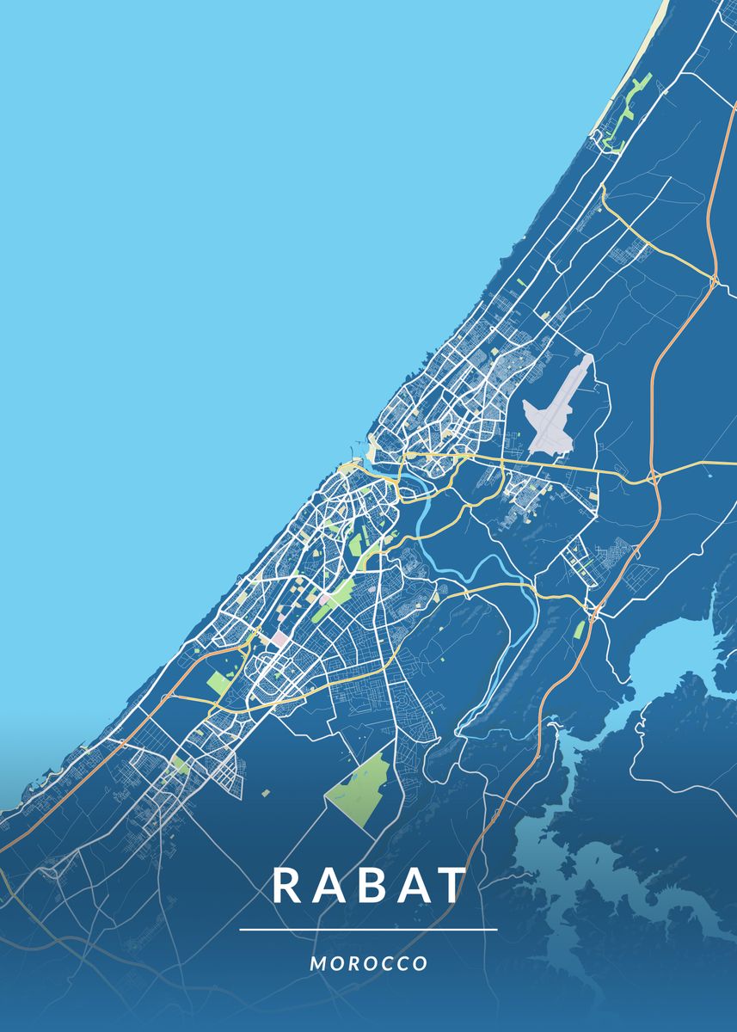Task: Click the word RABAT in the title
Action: coord(369,886)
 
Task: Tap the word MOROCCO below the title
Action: coord(369,963)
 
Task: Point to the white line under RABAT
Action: coord(368,930)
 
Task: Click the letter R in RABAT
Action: coord(287,886)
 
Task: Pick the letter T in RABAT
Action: coord(451,886)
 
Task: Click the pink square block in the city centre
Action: coord(280,640)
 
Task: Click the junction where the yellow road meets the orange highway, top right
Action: coord(714,279)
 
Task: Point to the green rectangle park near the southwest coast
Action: coord(219,685)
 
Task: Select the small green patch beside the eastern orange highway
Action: coord(579,630)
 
